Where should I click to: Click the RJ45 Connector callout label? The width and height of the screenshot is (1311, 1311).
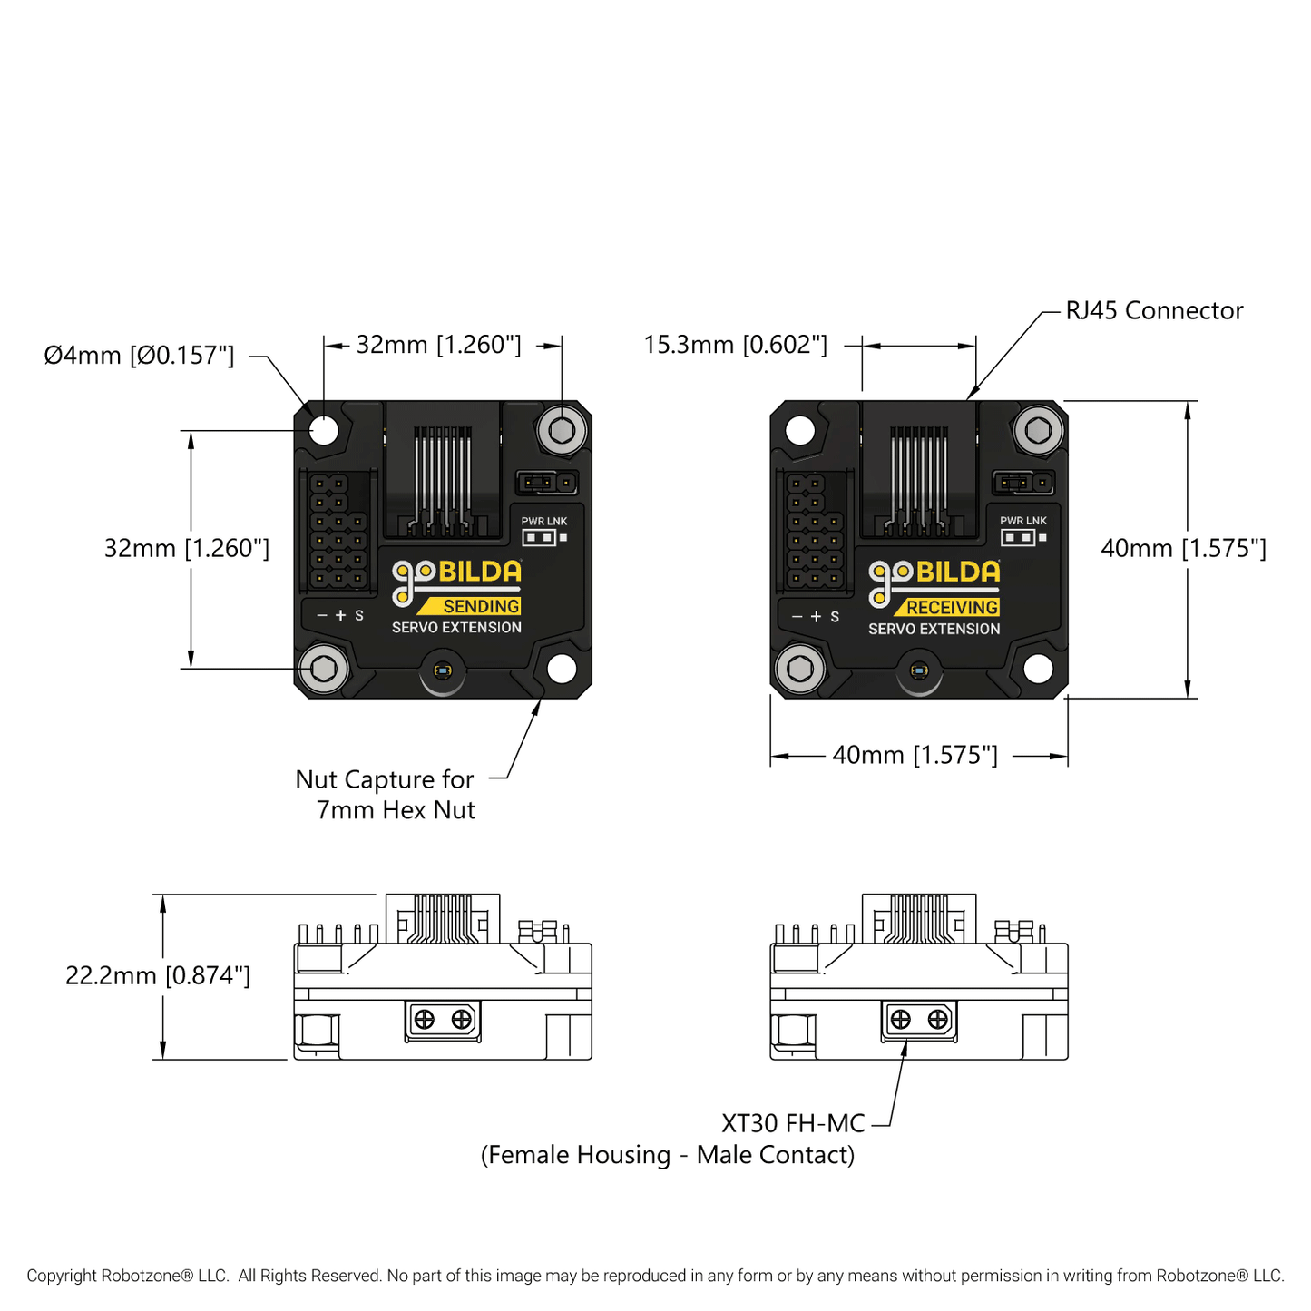[x=1153, y=310]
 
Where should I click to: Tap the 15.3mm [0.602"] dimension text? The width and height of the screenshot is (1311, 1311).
[x=735, y=345]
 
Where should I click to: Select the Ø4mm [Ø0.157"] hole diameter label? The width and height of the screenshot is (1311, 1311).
[x=139, y=355]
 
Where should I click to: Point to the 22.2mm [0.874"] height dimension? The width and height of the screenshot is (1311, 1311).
[x=157, y=975]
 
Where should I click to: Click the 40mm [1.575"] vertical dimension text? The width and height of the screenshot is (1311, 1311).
[x=1183, y=548]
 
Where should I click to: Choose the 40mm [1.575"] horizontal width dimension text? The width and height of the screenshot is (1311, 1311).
[x=915, y=755]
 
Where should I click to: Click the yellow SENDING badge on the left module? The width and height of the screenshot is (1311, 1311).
[x=480, y=606]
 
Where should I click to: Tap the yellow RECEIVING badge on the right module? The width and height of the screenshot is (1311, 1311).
[x=952, y=607]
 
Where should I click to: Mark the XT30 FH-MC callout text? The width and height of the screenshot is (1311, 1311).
[x=793, y=1123]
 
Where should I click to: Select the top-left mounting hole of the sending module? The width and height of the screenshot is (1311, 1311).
[x=324, y=429]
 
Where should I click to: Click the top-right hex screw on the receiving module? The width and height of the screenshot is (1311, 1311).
[x=1038, y=430]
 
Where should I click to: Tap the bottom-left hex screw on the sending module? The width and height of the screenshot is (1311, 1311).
[x=324, y=669]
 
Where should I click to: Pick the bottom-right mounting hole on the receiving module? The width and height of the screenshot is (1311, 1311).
[x=1038, y=669]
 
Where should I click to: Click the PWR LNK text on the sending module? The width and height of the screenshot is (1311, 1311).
[x=543, y=521]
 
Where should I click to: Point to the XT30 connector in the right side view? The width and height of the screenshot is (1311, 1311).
[x=918, y=1020]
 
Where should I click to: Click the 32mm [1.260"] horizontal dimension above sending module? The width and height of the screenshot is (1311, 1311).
[x=438, y=345]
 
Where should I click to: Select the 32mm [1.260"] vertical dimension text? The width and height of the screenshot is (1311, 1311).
[x=186, y=548]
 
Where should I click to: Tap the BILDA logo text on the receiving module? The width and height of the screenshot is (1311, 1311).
[x=957, y=572]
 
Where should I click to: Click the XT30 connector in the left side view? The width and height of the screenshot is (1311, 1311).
[x=442, y=1020]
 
